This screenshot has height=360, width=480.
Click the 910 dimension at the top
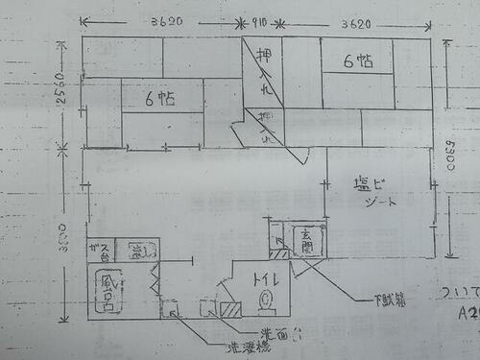click(x=257, y=20)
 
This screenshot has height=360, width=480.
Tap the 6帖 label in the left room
click(x=159, y=98)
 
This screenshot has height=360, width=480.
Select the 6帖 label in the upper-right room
click(x=357, y=60)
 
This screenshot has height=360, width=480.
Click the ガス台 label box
click(x=97, y=251)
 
